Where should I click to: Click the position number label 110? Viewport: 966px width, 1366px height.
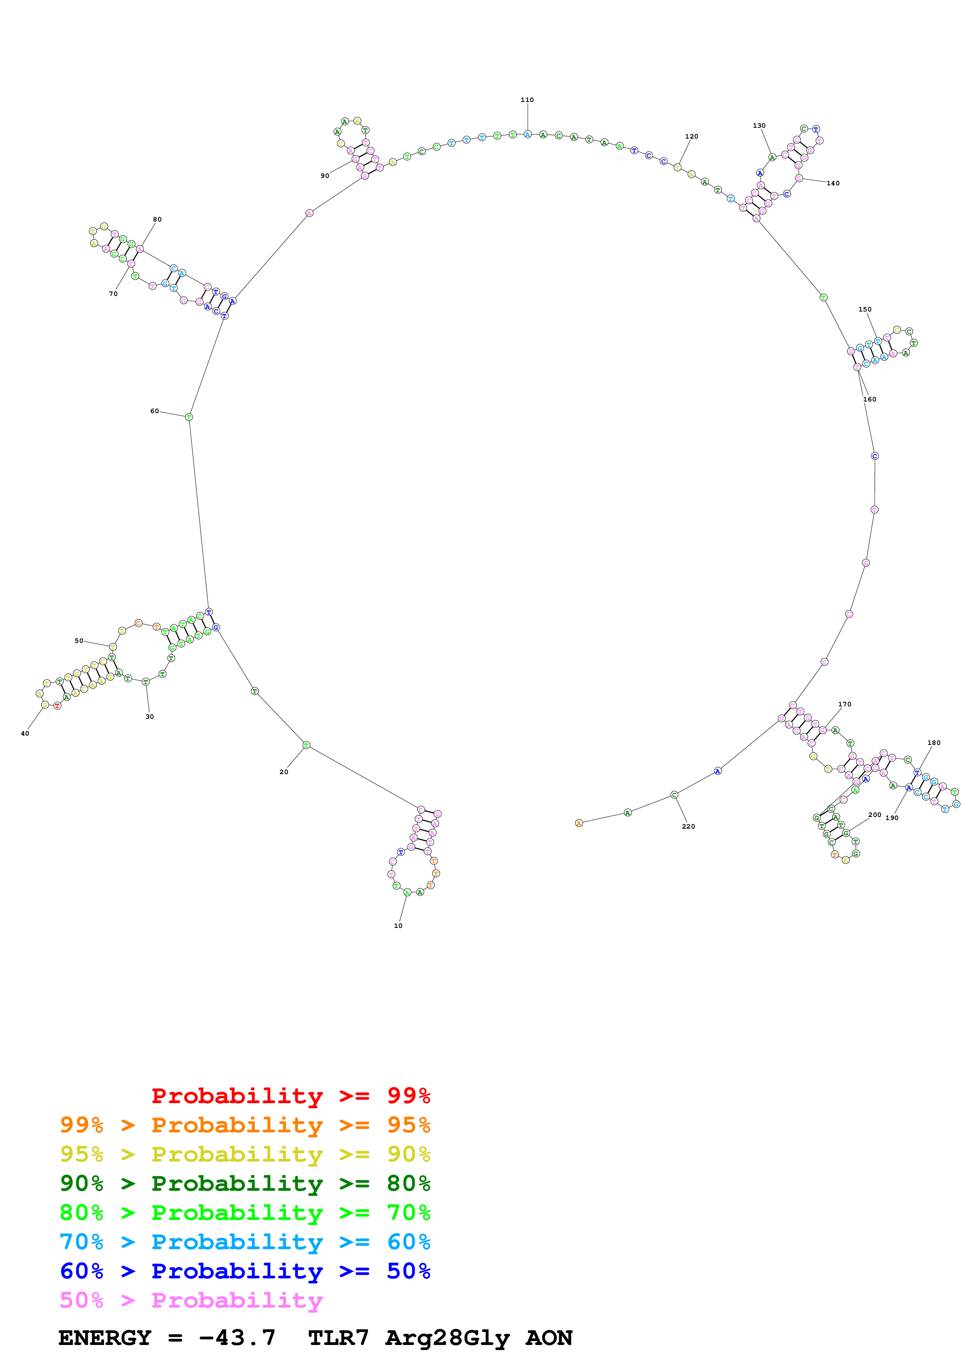tap(527, 100)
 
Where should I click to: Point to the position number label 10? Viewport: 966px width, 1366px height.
tap(398, 926)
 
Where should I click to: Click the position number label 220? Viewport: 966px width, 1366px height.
tap(688, 826)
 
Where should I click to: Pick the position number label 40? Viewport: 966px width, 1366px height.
tap(25, 734)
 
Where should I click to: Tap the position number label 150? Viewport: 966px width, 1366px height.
tap(865, 309)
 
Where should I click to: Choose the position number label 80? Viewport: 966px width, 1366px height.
tap(157, 220)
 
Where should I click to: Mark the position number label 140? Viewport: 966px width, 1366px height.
tap(833, 183)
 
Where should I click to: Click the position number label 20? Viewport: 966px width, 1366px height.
tap(284, 772)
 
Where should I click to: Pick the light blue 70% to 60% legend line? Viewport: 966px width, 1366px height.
tap(245, 1242)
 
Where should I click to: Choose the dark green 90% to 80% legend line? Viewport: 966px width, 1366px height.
tap(245, 1183)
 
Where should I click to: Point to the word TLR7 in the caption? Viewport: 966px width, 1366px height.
tap(338, 1338)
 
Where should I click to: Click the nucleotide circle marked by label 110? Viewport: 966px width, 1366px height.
tap(527, 134)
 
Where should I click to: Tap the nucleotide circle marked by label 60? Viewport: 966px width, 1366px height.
tap(189, 417)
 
